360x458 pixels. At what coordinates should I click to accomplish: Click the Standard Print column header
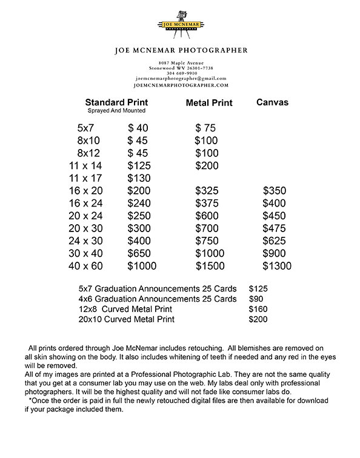click(116, 102)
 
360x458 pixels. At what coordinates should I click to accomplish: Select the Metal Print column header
click(208, 103)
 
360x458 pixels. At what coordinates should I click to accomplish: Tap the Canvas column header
click(272, 102)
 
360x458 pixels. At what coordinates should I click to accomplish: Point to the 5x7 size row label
click(87, 128)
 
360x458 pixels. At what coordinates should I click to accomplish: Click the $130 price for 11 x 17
click(140, 178)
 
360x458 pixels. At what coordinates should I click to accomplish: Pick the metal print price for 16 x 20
click(207, 191)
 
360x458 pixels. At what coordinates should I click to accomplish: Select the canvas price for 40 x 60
click(276, 266)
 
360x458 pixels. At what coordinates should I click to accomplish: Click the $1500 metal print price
click(210, 266)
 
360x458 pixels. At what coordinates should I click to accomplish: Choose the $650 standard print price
click(140, 253)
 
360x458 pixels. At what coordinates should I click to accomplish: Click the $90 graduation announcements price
click(256, 299)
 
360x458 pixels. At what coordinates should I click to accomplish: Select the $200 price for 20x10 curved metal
click(258, 319)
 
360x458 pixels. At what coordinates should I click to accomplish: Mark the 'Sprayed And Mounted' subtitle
click(116, 111)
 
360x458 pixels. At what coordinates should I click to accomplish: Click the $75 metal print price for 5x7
click(205, 128)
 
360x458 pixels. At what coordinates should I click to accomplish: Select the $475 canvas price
click(274, 228)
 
